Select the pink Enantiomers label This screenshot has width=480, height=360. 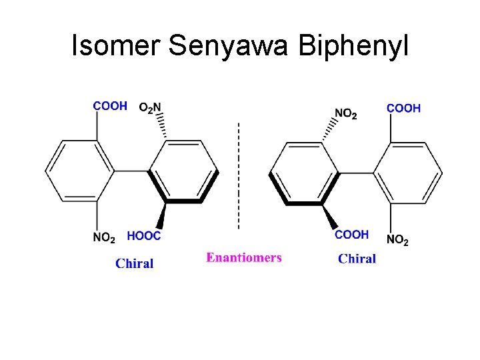[x=244, y=257]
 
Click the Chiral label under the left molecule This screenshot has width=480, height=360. [x=134, y=263]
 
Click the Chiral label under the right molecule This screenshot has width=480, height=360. [x=357, y=259]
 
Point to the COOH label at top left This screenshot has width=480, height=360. [x=110, y=107]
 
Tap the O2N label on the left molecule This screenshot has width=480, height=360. [x=150, y=107]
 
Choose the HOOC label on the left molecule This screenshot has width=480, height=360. [x=144, y=235]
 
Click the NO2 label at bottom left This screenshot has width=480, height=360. [x=104, y=237]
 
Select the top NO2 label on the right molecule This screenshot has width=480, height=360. [x=345, y=114]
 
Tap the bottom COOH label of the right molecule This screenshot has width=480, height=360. [x=351, y=235]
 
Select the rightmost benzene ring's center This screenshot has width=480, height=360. [x=407, y=173]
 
